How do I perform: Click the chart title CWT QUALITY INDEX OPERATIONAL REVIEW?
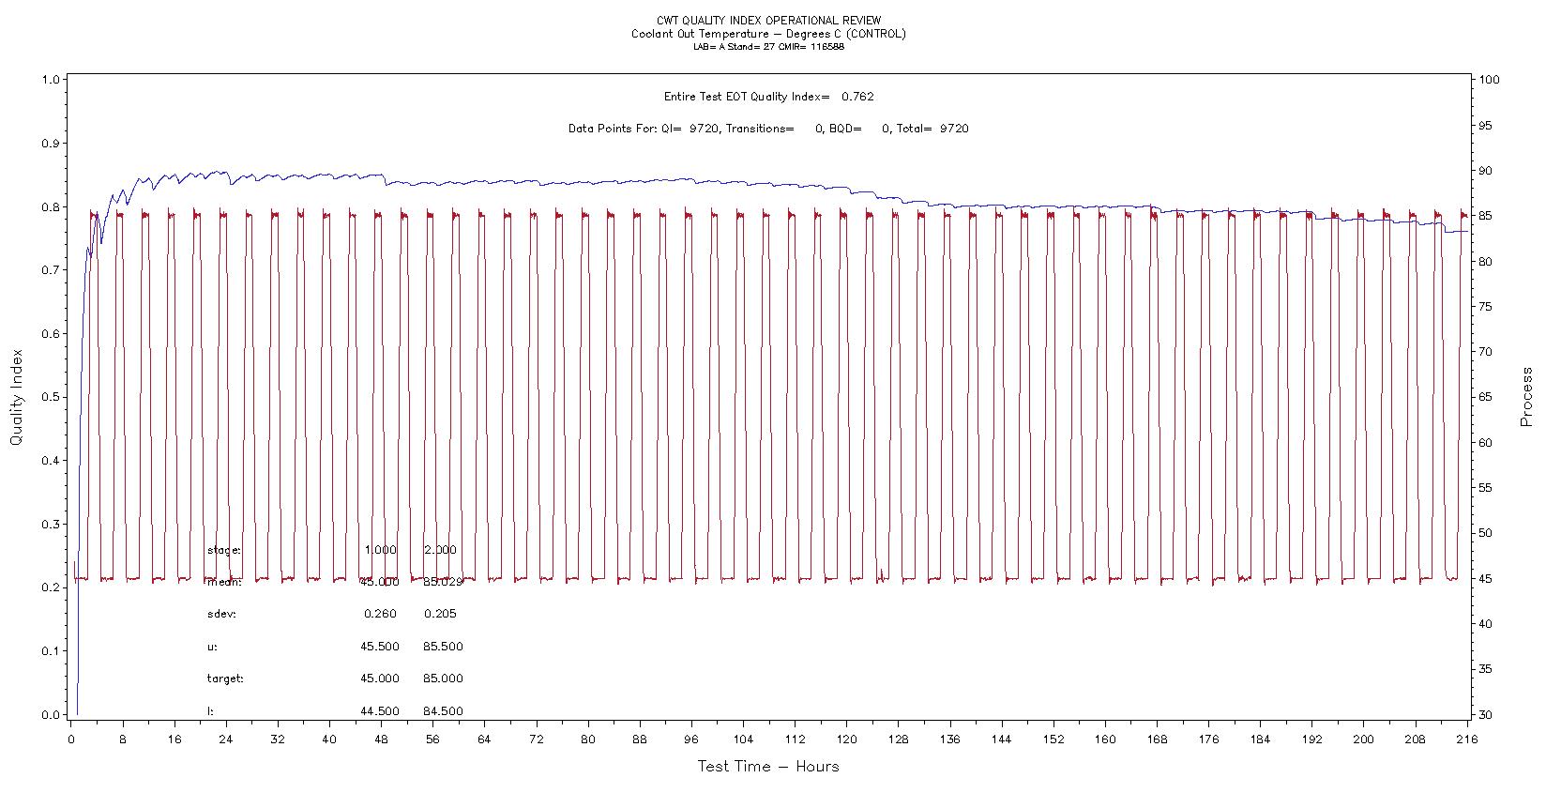tap(768, 21)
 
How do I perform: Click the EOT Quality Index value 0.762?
tap(857, 97)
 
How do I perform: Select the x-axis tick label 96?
tap(691, 740)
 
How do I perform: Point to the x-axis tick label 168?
tap(1157, 740)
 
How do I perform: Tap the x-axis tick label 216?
tap(1466, 740)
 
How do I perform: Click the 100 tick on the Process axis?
tap(1489, 80)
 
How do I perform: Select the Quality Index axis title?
tap(17, 397)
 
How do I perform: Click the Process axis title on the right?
tap(1527, 397)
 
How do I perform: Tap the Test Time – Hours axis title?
tap(767, 767)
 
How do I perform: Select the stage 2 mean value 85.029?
tap(443, 582)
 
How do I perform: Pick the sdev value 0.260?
tap(380, 614)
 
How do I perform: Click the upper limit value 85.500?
tap(443, 647)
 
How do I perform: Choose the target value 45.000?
tap(379, 679)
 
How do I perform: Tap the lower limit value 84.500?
tap(443, 711)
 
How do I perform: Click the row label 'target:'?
tap(225, 679)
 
